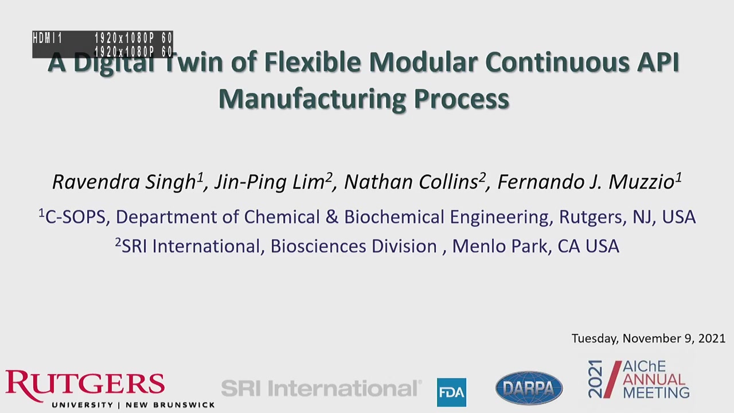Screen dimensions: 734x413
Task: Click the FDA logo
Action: coord(451,392)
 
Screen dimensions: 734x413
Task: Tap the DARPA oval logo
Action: coord(529,388)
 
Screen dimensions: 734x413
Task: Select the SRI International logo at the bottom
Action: coord(322,388)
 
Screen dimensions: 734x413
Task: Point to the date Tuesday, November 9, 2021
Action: coord(649,338)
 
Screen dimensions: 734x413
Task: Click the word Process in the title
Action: coord(462,99)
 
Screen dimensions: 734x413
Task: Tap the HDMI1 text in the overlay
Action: coord(48,38)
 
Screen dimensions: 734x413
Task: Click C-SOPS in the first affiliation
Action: coord(75,217)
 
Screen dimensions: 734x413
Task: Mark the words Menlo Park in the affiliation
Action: coord(499,246)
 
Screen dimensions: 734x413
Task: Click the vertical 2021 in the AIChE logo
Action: coord(595,379)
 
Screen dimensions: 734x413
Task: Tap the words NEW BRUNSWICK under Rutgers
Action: coord(170,405)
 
